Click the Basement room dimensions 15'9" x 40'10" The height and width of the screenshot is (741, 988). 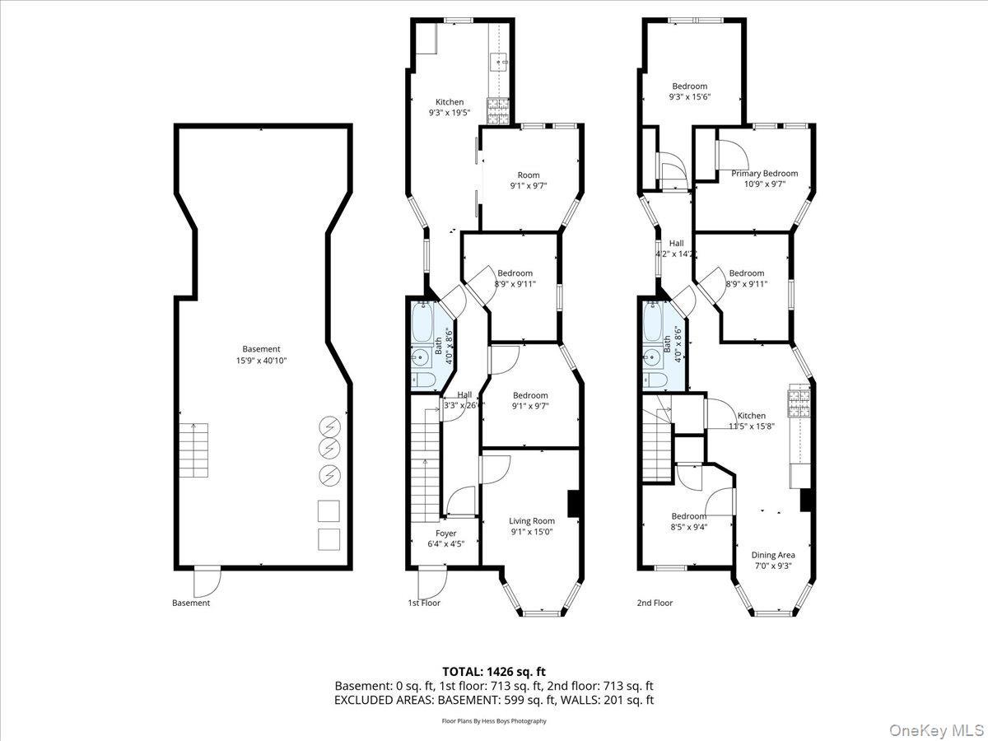pyautogui.click(x=261, y=361)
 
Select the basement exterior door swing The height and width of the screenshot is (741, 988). pyautogui.click(x=207, y=581)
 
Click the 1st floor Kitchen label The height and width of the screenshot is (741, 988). pyautogui.click(x=450, y=102)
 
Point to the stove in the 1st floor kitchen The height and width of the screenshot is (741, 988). pyautogui.click(x=499, y=106)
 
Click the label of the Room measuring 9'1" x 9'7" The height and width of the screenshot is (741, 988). pyautogui.click(x=529, y=175)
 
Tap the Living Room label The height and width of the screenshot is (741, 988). pyautogui.click(x=531, y=520)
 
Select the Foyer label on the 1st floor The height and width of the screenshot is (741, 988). pyautogui.click(x=445, y=534)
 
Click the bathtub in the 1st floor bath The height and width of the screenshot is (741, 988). pyautogui.click(x=425, y=325)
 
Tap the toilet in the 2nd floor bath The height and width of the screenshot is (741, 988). pyautogui.click(x=655, y=380)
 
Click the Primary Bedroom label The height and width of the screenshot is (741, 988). pyautogui.click(x=765, y=174)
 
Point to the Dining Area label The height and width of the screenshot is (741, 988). pyautogui.click(x=773, y=555)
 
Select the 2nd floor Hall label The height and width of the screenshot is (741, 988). pyautogui.click(x=676, y=244)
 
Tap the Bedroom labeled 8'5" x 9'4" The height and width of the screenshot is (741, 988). pyautogui.click(x=688, y=516)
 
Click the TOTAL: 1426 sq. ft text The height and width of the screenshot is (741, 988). pyautogui.click(x=494, y=672)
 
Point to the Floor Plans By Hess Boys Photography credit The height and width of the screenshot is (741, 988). pyautogui.click(x=494, y=721)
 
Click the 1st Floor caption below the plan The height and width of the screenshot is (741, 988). pyautogui.click(x=424, y=603)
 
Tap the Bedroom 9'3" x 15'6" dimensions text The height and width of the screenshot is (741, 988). pyautogui.click(x=690, y=96)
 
